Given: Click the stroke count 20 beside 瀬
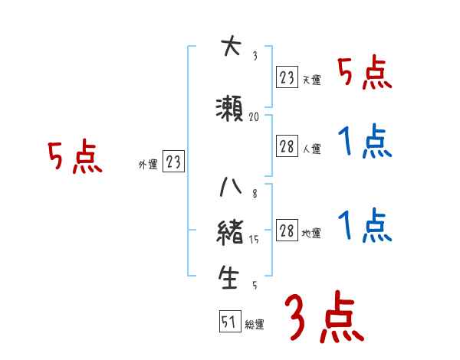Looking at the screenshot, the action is (x=255, y=117).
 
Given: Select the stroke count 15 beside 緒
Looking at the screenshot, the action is (x=255, y=240).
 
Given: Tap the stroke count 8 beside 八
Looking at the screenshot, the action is (x=254, y=194).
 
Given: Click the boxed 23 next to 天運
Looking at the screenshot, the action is (x=287, y=77).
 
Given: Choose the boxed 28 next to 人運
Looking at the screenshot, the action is (x=287, y=146).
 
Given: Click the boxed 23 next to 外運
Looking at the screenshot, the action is (x=173, y=162).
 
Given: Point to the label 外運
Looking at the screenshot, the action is (x=148, y=164).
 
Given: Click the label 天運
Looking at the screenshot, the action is (x=311, y=80).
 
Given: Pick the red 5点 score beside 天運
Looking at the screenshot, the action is (x=365, y=74).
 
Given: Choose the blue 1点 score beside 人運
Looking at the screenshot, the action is (x=365, y=142).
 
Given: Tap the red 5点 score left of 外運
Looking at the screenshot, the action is (x=74, y=157).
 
